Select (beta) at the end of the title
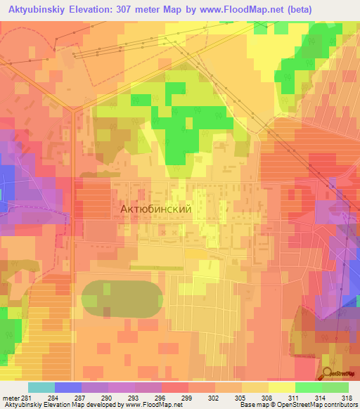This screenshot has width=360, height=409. click(x=302, y=8)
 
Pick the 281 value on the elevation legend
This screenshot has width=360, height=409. click(x=26, y=398)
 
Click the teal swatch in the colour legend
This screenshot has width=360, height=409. click(x=41, y=387)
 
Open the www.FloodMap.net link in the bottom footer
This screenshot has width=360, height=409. click(x=152, y=405)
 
